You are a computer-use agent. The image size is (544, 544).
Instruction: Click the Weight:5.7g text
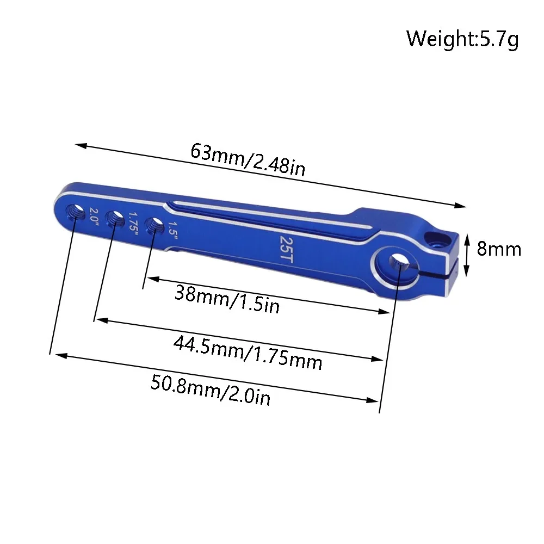coord(462,39)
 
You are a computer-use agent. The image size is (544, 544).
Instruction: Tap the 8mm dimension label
coord(498,249)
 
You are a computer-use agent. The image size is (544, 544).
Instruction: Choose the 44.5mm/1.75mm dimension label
coord(248,353)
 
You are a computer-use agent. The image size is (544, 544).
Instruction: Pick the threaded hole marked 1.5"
coord(156,226)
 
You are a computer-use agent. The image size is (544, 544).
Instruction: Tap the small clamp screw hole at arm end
coord(436,238)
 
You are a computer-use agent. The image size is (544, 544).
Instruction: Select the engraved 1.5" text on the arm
coord(174,228)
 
